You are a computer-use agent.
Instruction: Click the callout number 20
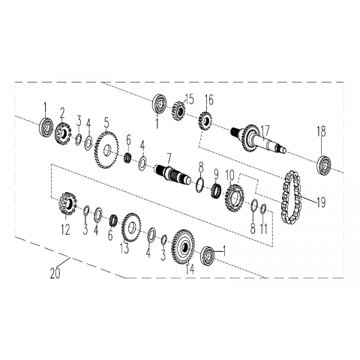pyautogui.click(x=55, y=273)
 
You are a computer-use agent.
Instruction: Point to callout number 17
pyautogui.click(x=265, y=131)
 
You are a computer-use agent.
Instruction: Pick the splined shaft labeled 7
pyautogui.click(x=172, y=174)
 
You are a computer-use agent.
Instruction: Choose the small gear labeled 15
pyautogui.click(x=178, y=110)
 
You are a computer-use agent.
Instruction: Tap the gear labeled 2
pyautogui.click(x=63, y=133)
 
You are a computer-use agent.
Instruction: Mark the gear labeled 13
pyautogui.click(x=130, y=227)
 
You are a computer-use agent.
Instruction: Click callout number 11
pyautogui.click(x=264, y=228)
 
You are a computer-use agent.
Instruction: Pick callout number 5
pyautogui.click(x=106, y=124)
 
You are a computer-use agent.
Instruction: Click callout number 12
pyautogui.click(x=65, y=229)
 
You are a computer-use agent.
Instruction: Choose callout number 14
pyautogui.click(x=190, y=268)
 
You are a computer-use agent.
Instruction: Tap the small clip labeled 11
pyautogui.click(x=263, y=208)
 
